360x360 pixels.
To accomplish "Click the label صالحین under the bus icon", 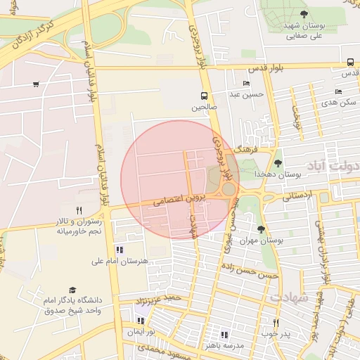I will coord(204,108).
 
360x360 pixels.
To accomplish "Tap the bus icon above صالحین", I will coord(204,96).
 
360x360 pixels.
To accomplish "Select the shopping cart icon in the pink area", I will coord(36,85).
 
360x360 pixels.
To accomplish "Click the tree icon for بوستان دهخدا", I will coord(278,163).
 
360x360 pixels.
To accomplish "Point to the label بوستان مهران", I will coord(261,240).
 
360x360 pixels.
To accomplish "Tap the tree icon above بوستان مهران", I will coord(262,229).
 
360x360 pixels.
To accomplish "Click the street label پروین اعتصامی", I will coord(173,200).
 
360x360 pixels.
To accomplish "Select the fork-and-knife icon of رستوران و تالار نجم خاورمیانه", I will coord(79,210).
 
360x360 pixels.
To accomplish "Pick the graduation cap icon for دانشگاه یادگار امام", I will coord(72,290).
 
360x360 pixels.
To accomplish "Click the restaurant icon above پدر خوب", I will coord(276,323).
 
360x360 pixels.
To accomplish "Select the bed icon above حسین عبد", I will coord(246,84).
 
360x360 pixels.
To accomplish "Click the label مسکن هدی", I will coord(338,102).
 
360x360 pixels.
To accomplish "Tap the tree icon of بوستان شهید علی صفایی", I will coord(304,13).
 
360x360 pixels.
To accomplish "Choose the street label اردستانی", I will coord(297,198).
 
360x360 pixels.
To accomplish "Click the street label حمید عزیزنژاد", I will coord(163,299).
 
